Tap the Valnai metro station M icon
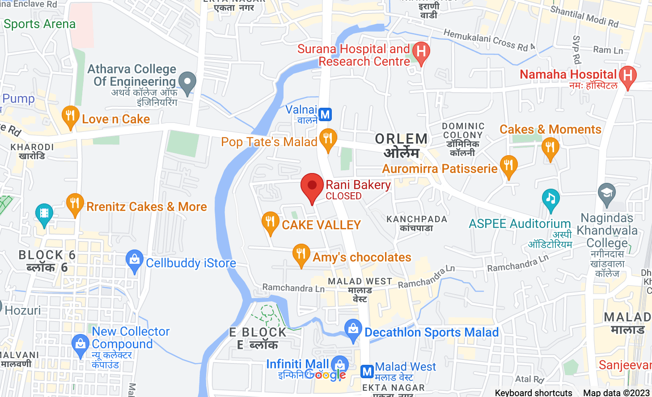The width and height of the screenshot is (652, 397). tap(325, 115)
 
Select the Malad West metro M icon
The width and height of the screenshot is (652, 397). tap(367, 371)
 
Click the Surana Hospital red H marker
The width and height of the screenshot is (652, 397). tap(421, 52)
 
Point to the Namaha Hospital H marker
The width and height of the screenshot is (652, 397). tap(628, 76)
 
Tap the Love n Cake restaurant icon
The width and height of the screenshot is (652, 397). tap(70, 116)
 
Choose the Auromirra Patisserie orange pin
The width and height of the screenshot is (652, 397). tap(508, 165)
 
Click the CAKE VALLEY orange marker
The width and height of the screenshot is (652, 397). tap(270, 221)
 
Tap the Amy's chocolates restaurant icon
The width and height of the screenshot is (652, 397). tap(301, 254)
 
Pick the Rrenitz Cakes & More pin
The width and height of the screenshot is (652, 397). tap(75, 203)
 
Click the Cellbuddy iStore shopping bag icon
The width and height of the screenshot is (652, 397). tap(134, 260)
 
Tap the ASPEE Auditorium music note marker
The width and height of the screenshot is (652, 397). tap(550, 199)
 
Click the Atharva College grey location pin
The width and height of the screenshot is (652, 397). tap(187, 82)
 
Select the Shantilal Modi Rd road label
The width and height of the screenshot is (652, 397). tap(584, 17)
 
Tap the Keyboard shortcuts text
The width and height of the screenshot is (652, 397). tap(533, 393)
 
